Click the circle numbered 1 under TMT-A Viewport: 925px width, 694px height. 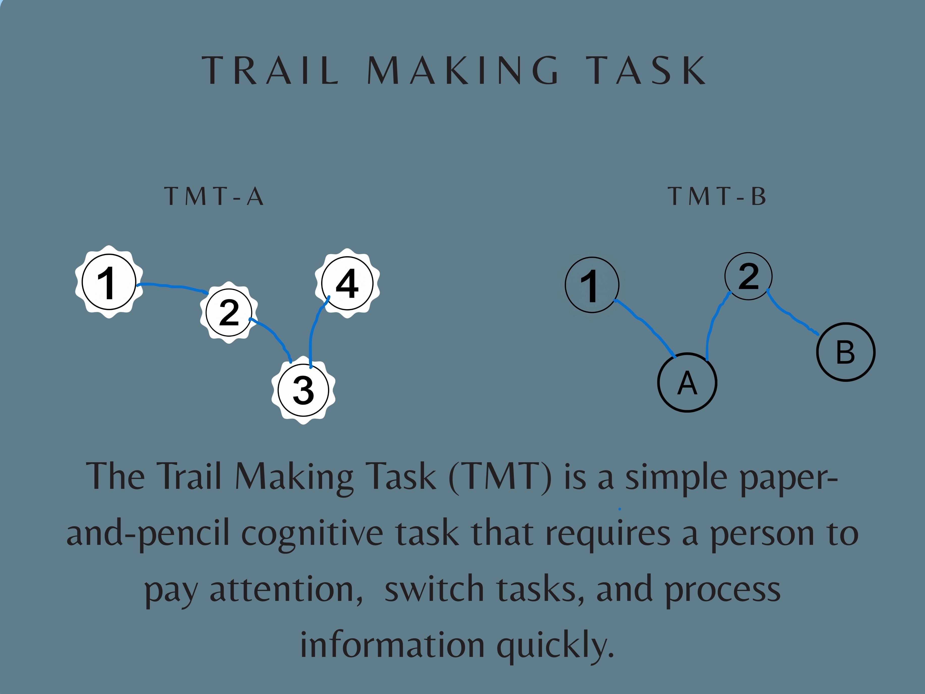pos(109,282)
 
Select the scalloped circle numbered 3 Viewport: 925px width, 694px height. pos(304,390)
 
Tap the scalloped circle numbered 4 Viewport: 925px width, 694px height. pos(347,283)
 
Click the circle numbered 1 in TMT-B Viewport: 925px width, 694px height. pos(592,285)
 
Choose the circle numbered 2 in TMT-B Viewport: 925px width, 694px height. pos(748,276)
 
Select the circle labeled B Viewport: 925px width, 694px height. pos(846,352)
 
